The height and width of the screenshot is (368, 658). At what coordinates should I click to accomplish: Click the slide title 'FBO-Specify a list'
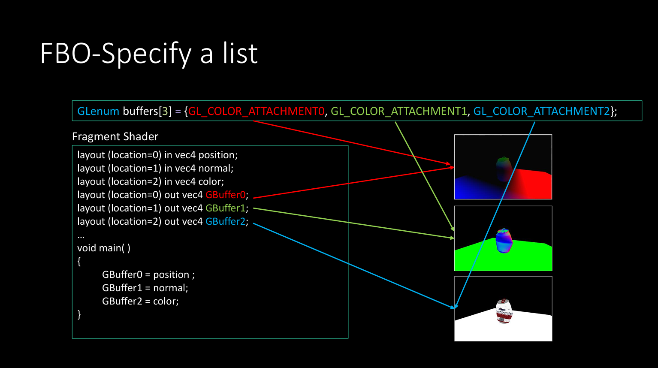coord(149,54)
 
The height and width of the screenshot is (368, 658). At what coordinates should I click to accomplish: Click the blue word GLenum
coord(98,112)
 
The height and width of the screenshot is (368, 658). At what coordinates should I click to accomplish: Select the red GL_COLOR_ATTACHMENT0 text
coord(256,112)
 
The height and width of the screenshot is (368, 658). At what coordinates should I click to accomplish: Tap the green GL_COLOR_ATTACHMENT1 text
coord(399,112)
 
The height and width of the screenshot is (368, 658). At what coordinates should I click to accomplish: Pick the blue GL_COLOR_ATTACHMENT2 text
coord(542,112)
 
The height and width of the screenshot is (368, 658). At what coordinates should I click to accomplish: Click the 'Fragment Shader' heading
coord(115,136)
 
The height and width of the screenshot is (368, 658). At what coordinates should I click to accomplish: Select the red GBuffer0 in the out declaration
coord(225,195)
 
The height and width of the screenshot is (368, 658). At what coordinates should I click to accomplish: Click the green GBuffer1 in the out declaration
coord(225,208)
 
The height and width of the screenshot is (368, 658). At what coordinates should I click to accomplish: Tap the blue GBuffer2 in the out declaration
coord(225,221)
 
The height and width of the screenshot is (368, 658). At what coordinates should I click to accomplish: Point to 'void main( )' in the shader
coord(104,248)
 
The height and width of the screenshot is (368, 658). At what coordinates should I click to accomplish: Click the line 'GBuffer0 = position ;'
coord(148,274)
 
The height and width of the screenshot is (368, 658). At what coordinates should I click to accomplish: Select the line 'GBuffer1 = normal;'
coord(145,288)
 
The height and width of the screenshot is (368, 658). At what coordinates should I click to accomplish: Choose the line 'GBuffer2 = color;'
coord(140,301)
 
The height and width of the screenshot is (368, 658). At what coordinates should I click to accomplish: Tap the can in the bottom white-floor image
coord(504,311)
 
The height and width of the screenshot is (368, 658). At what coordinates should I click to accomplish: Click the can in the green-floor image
coord(504,241)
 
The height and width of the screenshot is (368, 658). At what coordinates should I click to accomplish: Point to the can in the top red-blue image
coord(504,169)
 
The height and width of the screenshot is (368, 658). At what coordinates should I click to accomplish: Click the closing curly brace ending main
coord(79,314)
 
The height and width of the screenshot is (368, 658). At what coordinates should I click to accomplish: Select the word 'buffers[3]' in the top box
coord(147,112)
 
